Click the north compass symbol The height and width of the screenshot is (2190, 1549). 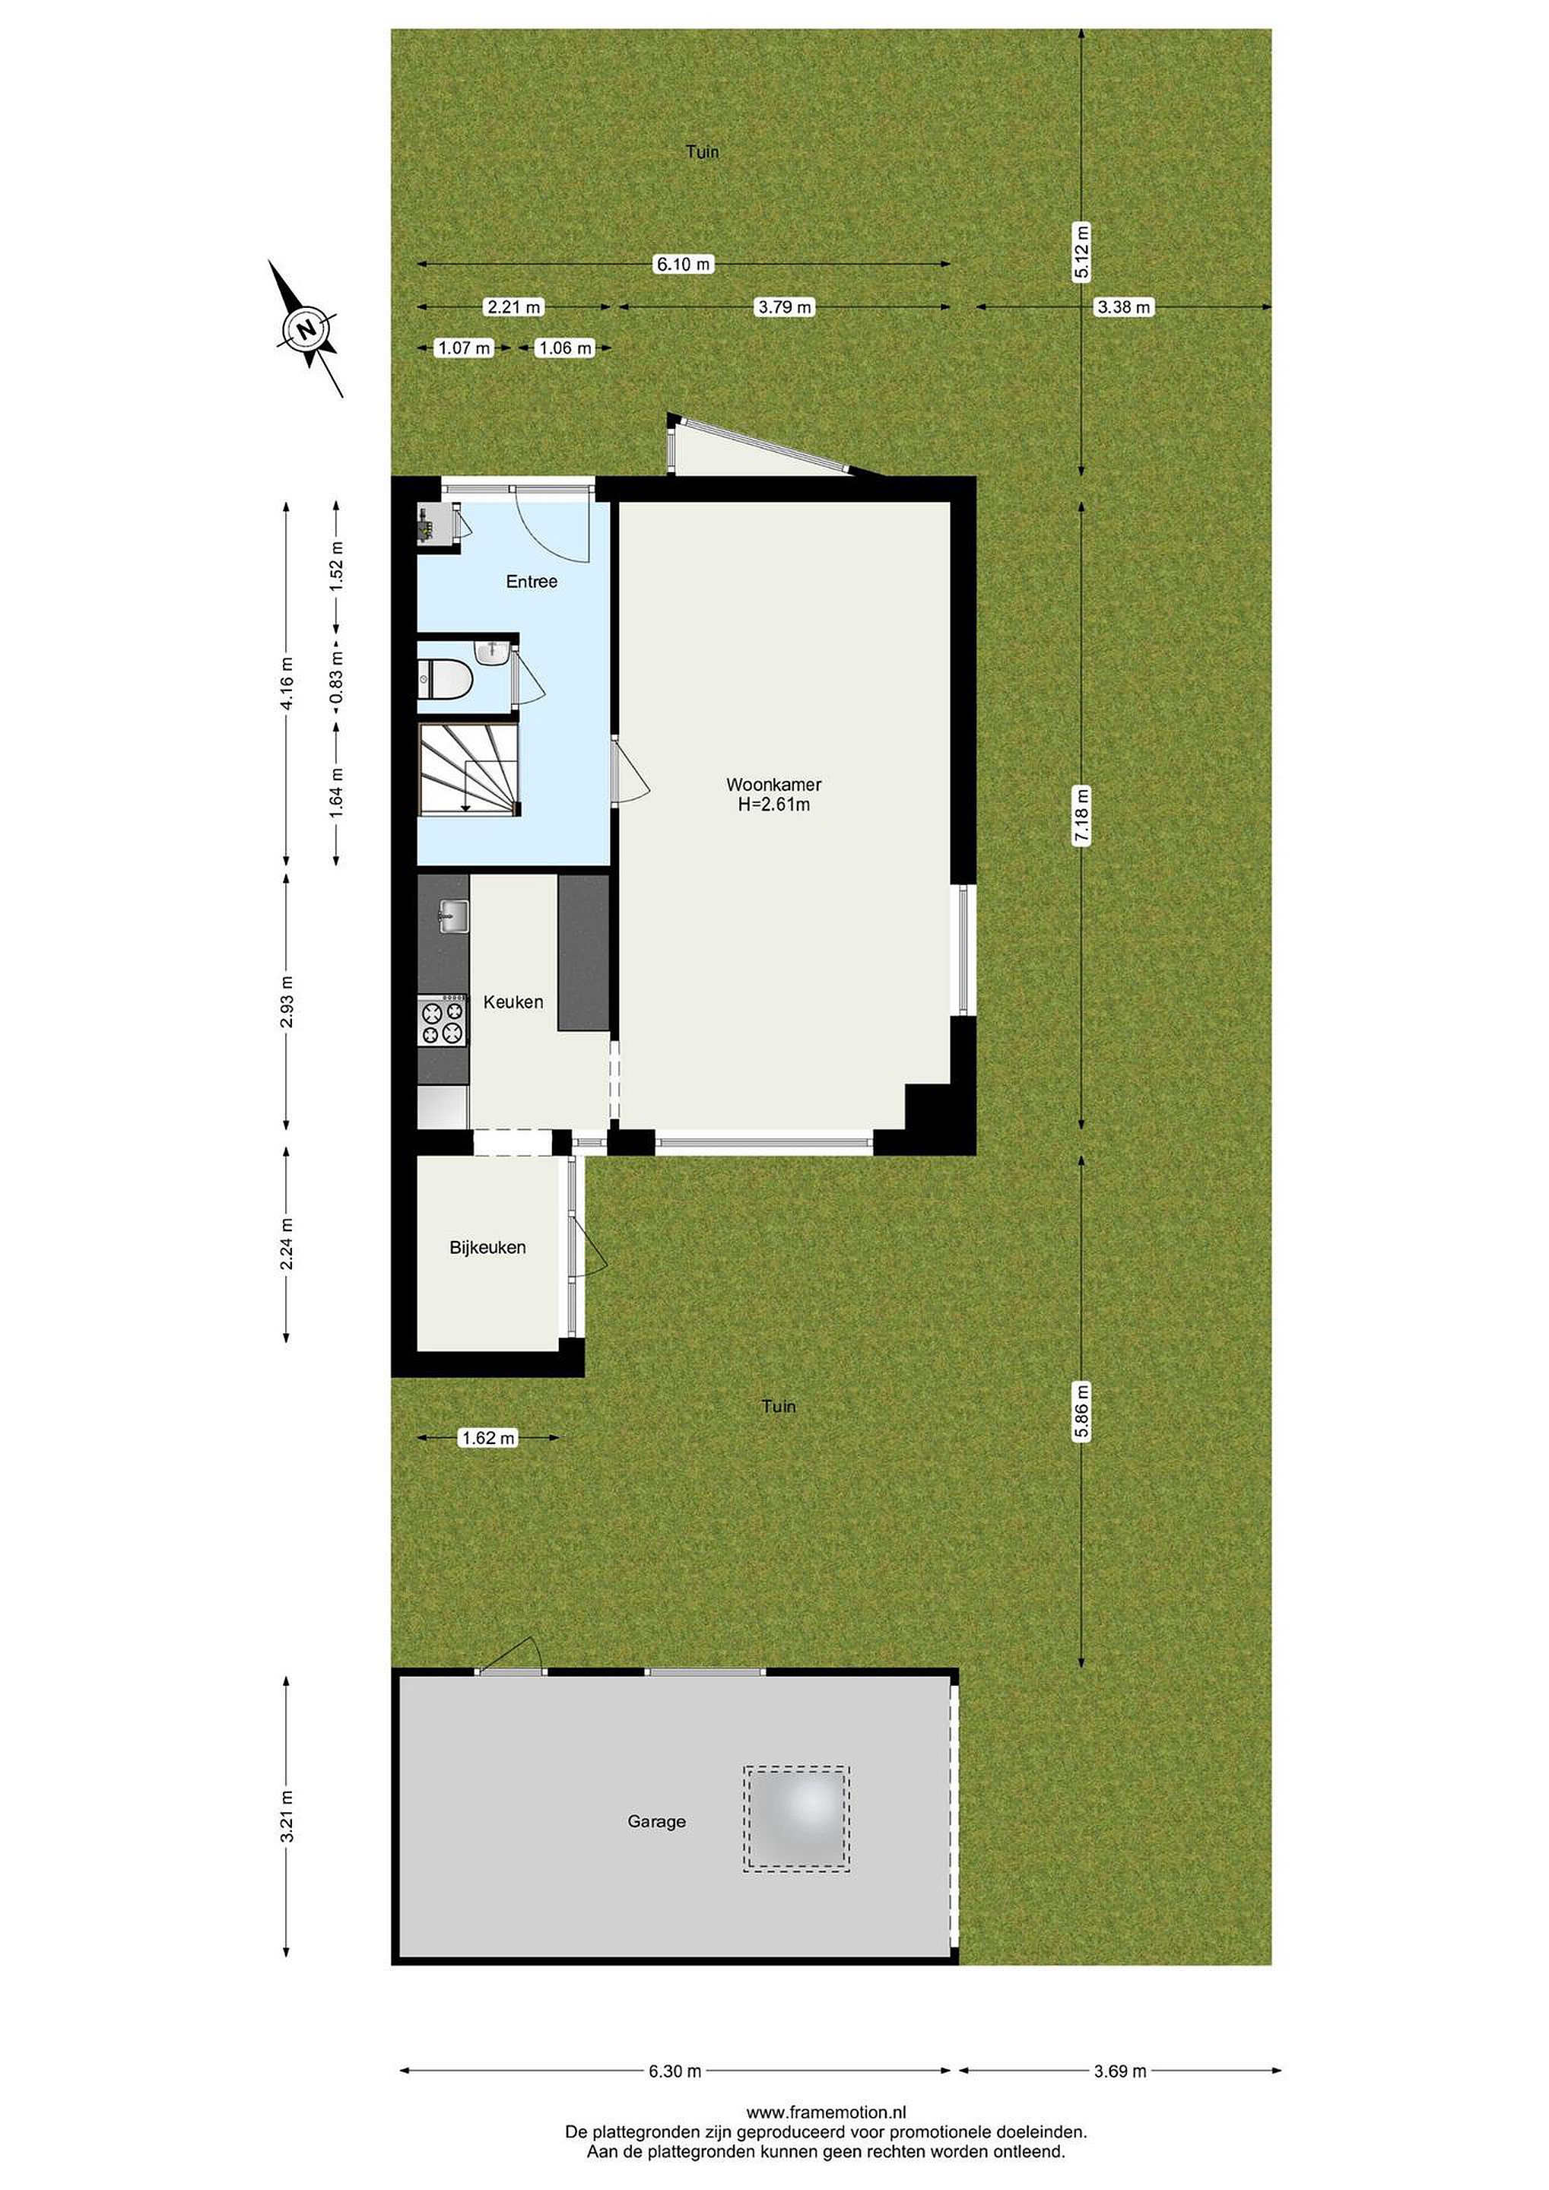306,329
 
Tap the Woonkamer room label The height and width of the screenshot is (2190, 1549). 773,785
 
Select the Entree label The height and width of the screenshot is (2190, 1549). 532,582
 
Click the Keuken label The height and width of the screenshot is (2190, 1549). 513,1002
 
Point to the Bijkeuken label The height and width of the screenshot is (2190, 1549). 487,1248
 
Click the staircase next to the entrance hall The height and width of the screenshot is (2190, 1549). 468,769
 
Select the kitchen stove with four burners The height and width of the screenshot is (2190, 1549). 443,1020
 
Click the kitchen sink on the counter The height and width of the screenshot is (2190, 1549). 452,916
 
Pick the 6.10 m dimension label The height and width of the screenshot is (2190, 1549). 684,264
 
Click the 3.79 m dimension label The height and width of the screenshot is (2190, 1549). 784,307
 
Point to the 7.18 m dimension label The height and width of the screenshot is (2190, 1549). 1081,815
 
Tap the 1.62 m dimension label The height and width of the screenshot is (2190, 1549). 487,1437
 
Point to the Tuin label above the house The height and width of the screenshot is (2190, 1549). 703,151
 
